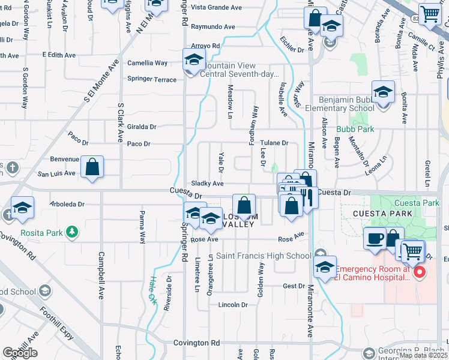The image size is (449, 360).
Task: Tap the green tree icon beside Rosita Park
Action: [x=71, y=231]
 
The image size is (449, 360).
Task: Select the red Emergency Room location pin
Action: [x=420, y=273]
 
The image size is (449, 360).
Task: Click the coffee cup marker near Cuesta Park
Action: [x=376, y=239]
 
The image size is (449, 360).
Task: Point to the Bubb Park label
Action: [x=373, y=129]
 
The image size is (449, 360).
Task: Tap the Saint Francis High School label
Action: [x=264, y=256]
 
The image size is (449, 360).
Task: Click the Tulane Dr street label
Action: [x=274, y=143]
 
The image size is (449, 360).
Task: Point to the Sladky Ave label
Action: [x=207, y=184]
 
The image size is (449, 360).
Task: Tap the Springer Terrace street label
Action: [x=152, y=79]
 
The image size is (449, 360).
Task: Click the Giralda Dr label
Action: [x=142, y=127]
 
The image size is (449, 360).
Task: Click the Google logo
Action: [x=20, y=352]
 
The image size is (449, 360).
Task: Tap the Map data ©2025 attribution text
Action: [x=424, y=355]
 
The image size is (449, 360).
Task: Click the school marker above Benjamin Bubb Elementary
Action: [x=382, y=92]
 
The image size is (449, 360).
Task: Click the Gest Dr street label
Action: [x=294, y=286]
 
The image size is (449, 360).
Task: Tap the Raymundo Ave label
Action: [x=213, y=27]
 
